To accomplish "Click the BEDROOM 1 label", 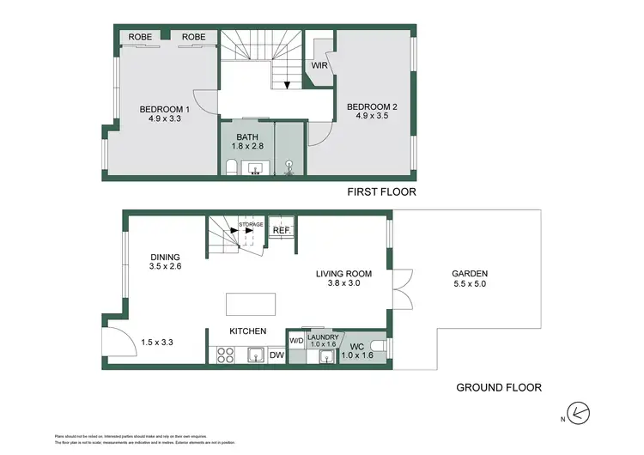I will click(x=164, y=109).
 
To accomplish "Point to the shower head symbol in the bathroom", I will click(x=289, y=165).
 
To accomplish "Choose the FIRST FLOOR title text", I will click(x=381, y=192).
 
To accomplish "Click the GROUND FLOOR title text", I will click(x=499, y=387).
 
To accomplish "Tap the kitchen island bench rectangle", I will click(x=252, y=305).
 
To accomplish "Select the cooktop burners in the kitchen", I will click(x=227, y=354).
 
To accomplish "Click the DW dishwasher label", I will click(x=276, y=355).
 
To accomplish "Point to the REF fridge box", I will click(x=281, y=230).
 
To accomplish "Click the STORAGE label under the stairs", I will click(x=251, y=224).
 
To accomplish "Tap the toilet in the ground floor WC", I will click(x=381, y=347).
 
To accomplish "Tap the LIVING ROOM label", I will click(x=341, y=275).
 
